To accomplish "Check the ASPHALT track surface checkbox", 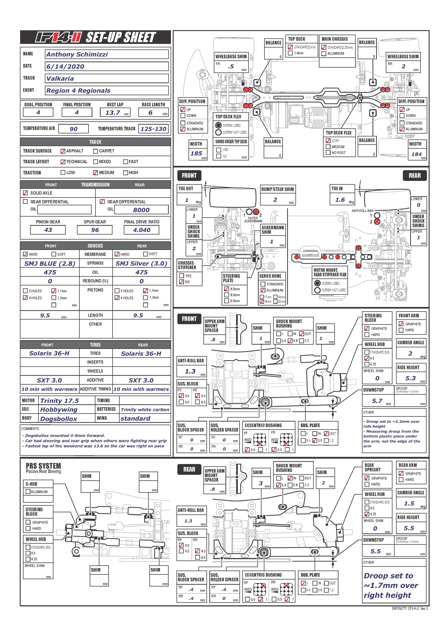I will tap(63, 151).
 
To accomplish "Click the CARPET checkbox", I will tap(96, 151).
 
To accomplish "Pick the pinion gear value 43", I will tap(48, 230).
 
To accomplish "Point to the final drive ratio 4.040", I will tap(141, 230).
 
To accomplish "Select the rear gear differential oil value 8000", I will tap(141, 210).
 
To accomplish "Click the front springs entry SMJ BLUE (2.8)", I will tap(50, 264).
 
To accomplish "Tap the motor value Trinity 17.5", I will tap(60, 401).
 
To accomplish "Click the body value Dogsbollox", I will tap(59, 419).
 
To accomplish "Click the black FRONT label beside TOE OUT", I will tap(189, 175).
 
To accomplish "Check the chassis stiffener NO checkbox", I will tap(181, 282).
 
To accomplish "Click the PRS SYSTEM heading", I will tap(43, 466).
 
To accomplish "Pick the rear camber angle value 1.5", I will tap(409, 503).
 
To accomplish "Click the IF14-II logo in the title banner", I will tap(58, 37).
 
